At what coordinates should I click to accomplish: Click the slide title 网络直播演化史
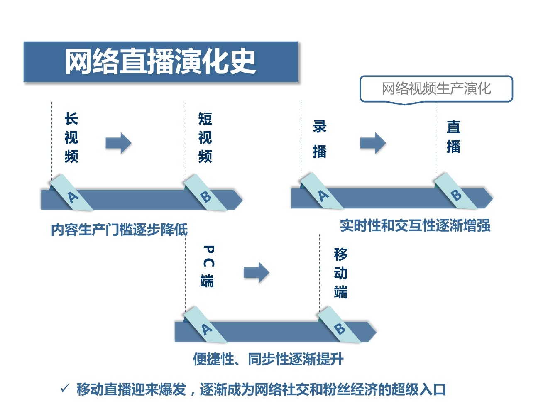pos(160,61)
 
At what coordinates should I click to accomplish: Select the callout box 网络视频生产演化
pos(436,88)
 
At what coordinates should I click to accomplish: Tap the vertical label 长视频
pos(71,137)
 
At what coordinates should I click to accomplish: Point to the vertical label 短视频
pos(205,137)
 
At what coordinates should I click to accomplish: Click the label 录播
pos(320,139)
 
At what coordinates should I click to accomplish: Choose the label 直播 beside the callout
pos(453,137)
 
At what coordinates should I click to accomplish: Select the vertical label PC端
pos(208,267)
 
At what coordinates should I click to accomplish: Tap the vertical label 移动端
pos(340,273)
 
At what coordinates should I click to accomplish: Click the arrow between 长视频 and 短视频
pos(118,143)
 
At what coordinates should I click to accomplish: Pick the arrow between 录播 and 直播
pos(373,143)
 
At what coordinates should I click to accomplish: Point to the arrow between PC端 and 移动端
pos(256,273)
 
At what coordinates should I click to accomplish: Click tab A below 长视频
pos(72,196)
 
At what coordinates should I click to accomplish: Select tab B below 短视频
pos(205,196)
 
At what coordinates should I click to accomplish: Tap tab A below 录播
pos(322,194)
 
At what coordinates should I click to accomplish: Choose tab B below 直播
pos(456,194)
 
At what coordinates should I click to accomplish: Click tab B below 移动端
pos(339,328)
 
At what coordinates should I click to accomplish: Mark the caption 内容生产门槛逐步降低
pos(119,230)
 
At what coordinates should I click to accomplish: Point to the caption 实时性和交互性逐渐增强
pos(415,226)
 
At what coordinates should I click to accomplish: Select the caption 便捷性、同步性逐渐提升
pos(268,359)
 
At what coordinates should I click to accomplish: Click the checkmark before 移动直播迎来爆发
pos(65,389)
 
